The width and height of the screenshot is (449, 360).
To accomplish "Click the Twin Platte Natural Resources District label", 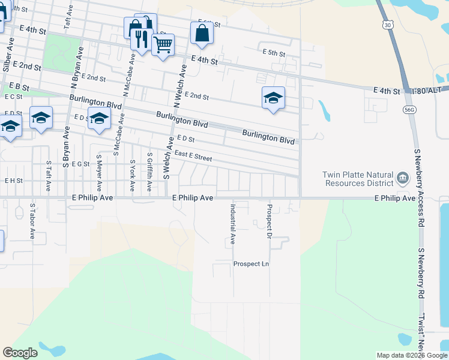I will tap(357, 179).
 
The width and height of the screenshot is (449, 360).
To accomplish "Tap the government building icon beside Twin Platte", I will tap(402, 178).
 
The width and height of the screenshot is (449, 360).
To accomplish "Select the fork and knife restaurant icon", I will tap(141, 40).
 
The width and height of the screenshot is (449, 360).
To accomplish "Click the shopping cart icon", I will tap(163, 44).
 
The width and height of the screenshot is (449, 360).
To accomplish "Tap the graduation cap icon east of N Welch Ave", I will tap(273, 98).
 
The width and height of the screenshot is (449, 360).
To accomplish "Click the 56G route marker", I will tap(410, 110).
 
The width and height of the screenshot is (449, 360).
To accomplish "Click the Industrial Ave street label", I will tap(232, 224).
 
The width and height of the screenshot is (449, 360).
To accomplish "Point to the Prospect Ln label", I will tap(251, 264).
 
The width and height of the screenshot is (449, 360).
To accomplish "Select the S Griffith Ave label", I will tap(149, 172).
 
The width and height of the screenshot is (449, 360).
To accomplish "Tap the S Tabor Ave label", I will tap(32, 221).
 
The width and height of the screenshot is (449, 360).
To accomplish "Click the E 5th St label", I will tap(274, 53).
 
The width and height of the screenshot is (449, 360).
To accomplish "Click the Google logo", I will tap(20, 353).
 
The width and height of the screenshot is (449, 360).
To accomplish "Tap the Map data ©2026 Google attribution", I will tap(412, 355).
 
